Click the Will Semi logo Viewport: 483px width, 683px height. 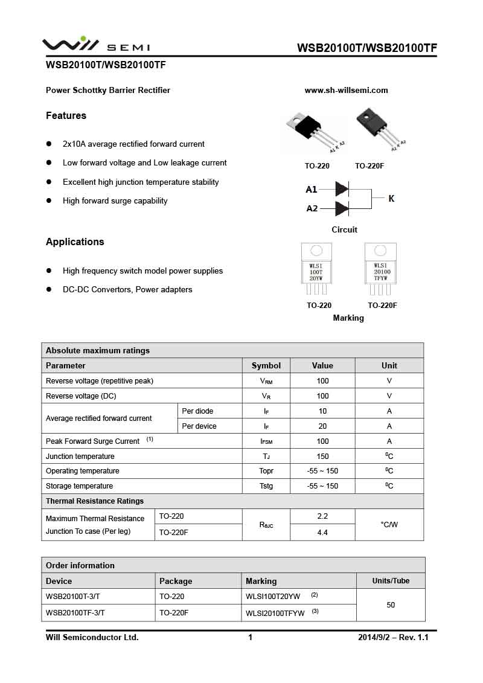tap(95, 45)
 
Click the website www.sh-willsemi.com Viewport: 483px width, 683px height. tap(346, 91)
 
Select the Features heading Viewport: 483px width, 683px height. tap(66, 115)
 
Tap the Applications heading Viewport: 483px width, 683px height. tap(75, 242)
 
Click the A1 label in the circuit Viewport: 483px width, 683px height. tap(311, 190)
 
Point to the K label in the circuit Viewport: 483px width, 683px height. tap(391, 198)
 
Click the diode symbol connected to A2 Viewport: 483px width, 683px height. tap(342, 208)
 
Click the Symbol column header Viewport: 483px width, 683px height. tap(266, 365)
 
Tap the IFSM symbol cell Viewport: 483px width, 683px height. tap(266, 441)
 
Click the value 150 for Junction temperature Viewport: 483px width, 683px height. tap(322, 457)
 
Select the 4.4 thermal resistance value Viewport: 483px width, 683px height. tap(322, 533)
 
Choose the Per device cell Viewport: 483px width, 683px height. tap(198, 426)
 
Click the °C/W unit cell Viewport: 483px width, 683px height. tap(389, 524)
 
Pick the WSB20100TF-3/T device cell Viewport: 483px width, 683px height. tap(75, 612)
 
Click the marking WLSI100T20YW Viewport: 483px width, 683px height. tap(273, 597)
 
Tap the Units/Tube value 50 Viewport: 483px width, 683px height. tap(391, 604)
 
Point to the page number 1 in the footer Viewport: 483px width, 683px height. tap(250, 637)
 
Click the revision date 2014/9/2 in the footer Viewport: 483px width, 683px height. tap(375, 637)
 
